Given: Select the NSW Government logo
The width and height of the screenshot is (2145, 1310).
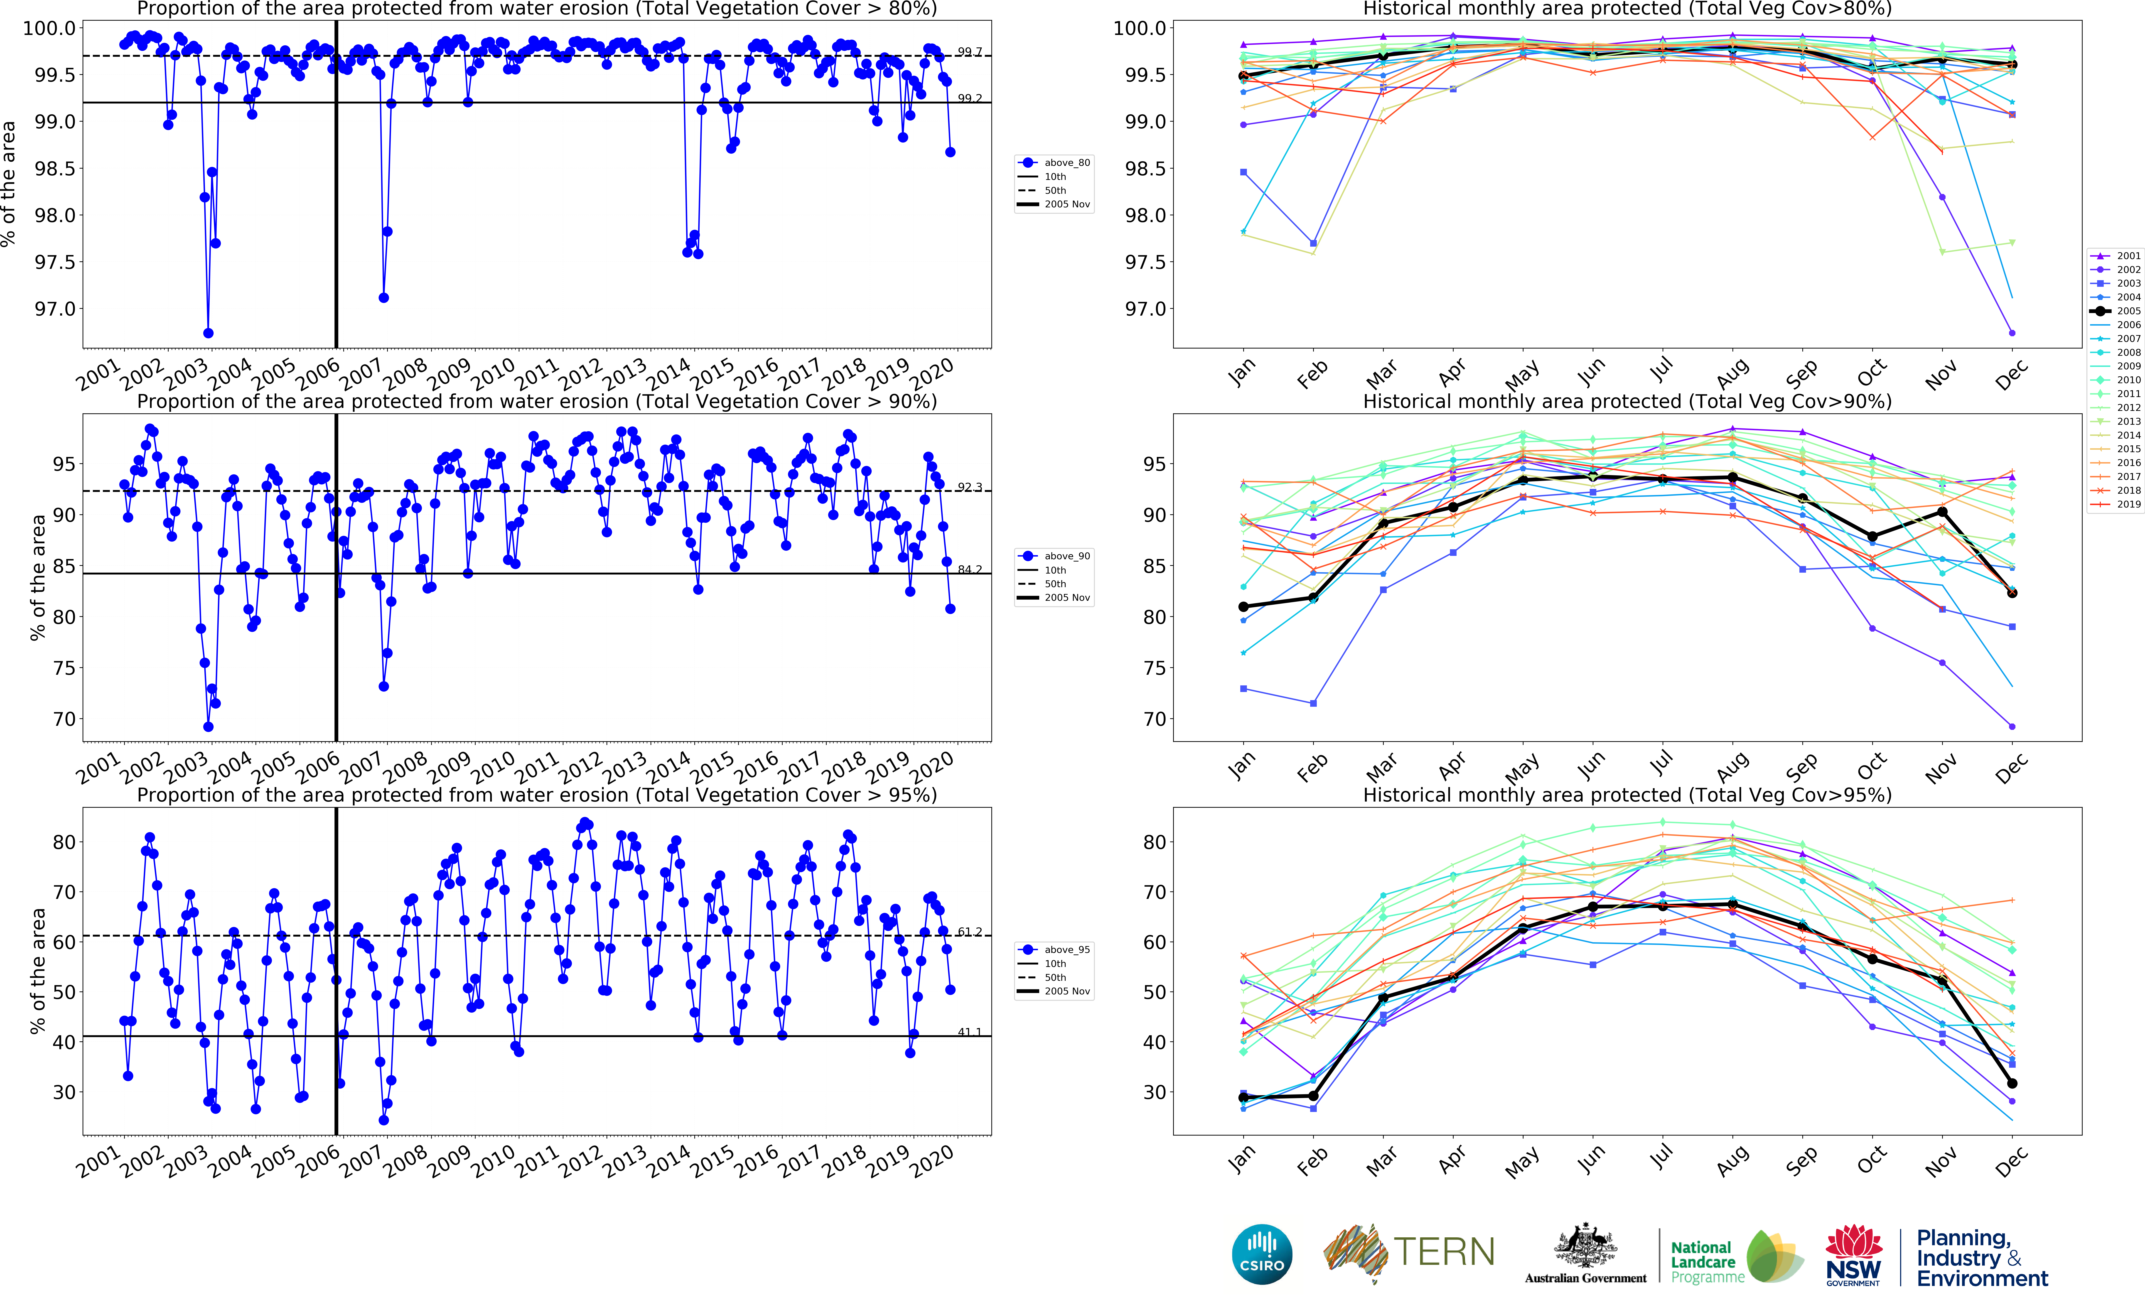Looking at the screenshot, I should click(x=1853, y=1254).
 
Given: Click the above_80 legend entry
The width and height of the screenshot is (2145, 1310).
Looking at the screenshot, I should click(x=1055, y=163).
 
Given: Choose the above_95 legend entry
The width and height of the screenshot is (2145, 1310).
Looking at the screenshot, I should click(x=1055, y=950).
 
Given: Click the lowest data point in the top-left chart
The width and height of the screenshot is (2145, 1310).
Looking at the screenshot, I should click(x=208, y=333).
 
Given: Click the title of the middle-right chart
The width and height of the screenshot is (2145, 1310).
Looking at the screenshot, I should click(x=1627, y=401).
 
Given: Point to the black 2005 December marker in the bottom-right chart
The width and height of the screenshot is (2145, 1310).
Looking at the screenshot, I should click(x=2012, y=1084).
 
